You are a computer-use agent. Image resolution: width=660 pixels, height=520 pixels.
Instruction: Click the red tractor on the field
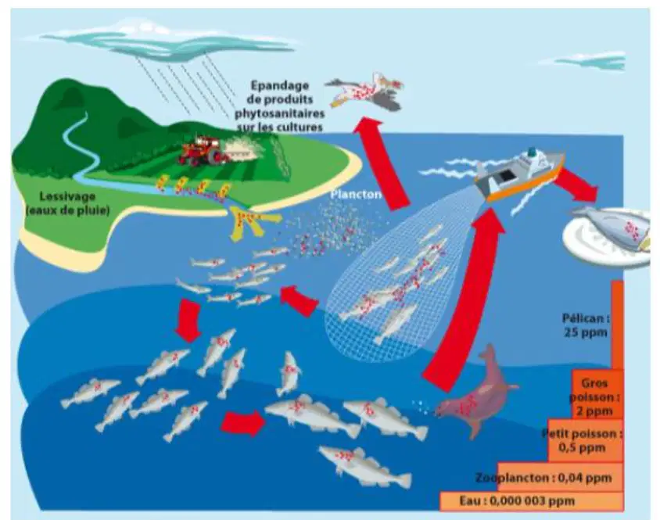pyautogui.click(x=199, y=150)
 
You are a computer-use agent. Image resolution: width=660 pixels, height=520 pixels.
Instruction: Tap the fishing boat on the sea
pyautogui.click(x=520, y=174)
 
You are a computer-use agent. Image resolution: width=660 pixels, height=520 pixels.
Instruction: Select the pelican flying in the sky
pyautogui.click(x=365, y=91)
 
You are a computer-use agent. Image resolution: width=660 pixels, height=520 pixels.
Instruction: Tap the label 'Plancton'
pyautogui.click(x=356, y=195)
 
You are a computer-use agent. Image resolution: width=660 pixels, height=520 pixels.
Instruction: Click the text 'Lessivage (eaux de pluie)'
pyautogui.click(x=67, y=203)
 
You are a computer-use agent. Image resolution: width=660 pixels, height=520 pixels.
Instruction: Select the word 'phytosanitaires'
pyautogui.click(x=279, y=113)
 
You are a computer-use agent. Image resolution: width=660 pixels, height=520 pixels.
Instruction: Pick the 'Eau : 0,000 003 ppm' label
pyautogui.click(x=517, y=501)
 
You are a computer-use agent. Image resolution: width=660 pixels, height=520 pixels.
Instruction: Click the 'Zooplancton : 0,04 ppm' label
pyautogui.click(x=543, y=478)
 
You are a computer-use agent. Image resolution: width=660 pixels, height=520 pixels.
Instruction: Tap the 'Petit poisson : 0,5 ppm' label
pyautogui.click(x=582, y=440)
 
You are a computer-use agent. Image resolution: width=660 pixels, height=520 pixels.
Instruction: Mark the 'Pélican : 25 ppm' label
pyautogui.click(x=586, y=325)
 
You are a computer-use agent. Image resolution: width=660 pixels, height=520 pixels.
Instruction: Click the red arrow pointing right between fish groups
pyautogui.click(x=243, y=423)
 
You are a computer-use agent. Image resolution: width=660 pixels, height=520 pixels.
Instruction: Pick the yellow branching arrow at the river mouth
pyautogui.click(x=249, y=221)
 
